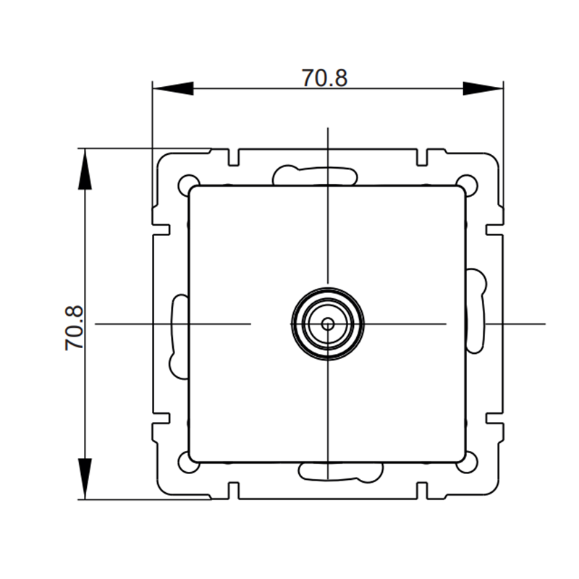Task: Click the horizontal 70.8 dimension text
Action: coord(325,78)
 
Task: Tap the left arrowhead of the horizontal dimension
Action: coord(173,88)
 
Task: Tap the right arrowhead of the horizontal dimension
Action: coord(483,88)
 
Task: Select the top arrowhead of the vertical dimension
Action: coord(85,169)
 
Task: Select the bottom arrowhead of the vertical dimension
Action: coord(85,479)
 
